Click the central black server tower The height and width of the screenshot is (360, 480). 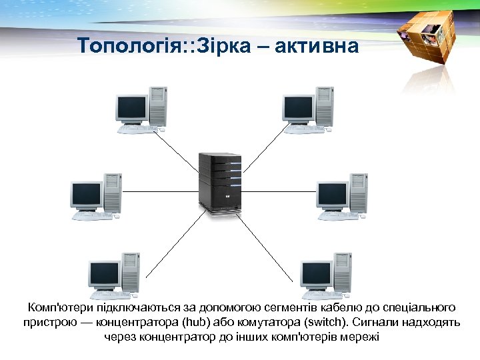[219, 181]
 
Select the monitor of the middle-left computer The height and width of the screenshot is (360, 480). [86, 194]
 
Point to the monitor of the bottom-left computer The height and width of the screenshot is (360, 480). [104, 273]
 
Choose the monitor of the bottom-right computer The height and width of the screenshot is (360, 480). [315, 273]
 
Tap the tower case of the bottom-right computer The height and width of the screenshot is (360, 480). [343, 271]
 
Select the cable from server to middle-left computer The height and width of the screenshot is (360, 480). [160, 191]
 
